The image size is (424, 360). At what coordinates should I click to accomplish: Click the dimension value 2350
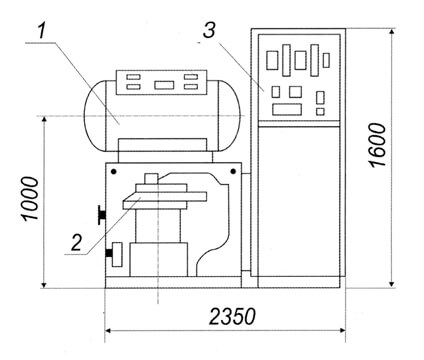coord(232,316)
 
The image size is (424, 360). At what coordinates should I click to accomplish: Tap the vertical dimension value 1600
coord(377,145)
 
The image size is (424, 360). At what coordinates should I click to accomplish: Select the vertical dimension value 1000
coord(31,198)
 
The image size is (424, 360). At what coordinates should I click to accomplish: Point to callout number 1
coord(41,32)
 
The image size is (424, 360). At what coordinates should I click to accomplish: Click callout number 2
coord(76,242)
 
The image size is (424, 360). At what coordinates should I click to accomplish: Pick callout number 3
coord(209,31)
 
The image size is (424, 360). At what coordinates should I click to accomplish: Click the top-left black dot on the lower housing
coord(114,172)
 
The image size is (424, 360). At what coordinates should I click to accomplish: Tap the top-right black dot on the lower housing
coord(233,172)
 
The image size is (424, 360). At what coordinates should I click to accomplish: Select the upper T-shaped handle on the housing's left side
coord(102,215)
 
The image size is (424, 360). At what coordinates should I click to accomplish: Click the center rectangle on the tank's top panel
coord(164,85)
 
